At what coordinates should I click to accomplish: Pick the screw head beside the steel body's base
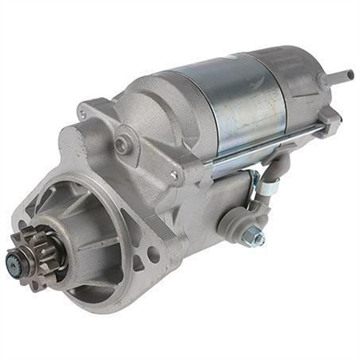click(173, 173)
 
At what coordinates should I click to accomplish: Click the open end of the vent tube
click(350, 74)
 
